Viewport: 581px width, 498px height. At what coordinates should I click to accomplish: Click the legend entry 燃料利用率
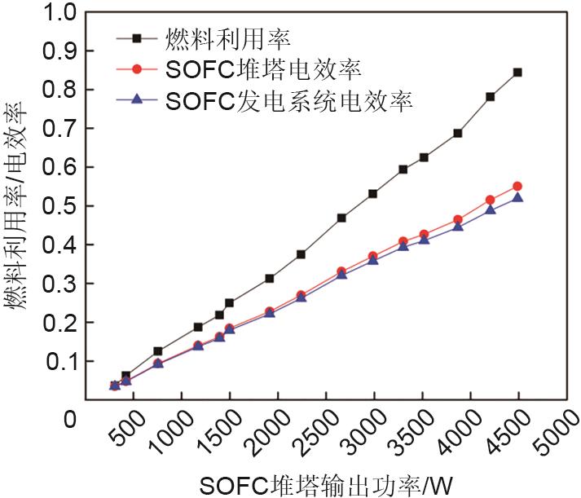coord(229,37)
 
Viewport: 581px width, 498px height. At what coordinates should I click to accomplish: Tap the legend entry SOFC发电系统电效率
coord(288,100)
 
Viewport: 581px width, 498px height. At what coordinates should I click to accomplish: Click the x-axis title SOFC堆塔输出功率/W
coord(310,484)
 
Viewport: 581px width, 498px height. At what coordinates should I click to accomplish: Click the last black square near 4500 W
coord(517,73)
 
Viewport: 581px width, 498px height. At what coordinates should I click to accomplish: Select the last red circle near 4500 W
coord(517,187)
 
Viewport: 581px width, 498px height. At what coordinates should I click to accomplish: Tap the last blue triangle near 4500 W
coord(517,198)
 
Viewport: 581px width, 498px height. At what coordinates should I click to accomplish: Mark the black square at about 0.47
coord(341,218)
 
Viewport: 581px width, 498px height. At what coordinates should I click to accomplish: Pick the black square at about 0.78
coord(491,97)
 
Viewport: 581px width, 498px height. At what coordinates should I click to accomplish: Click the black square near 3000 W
coord(373,194)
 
